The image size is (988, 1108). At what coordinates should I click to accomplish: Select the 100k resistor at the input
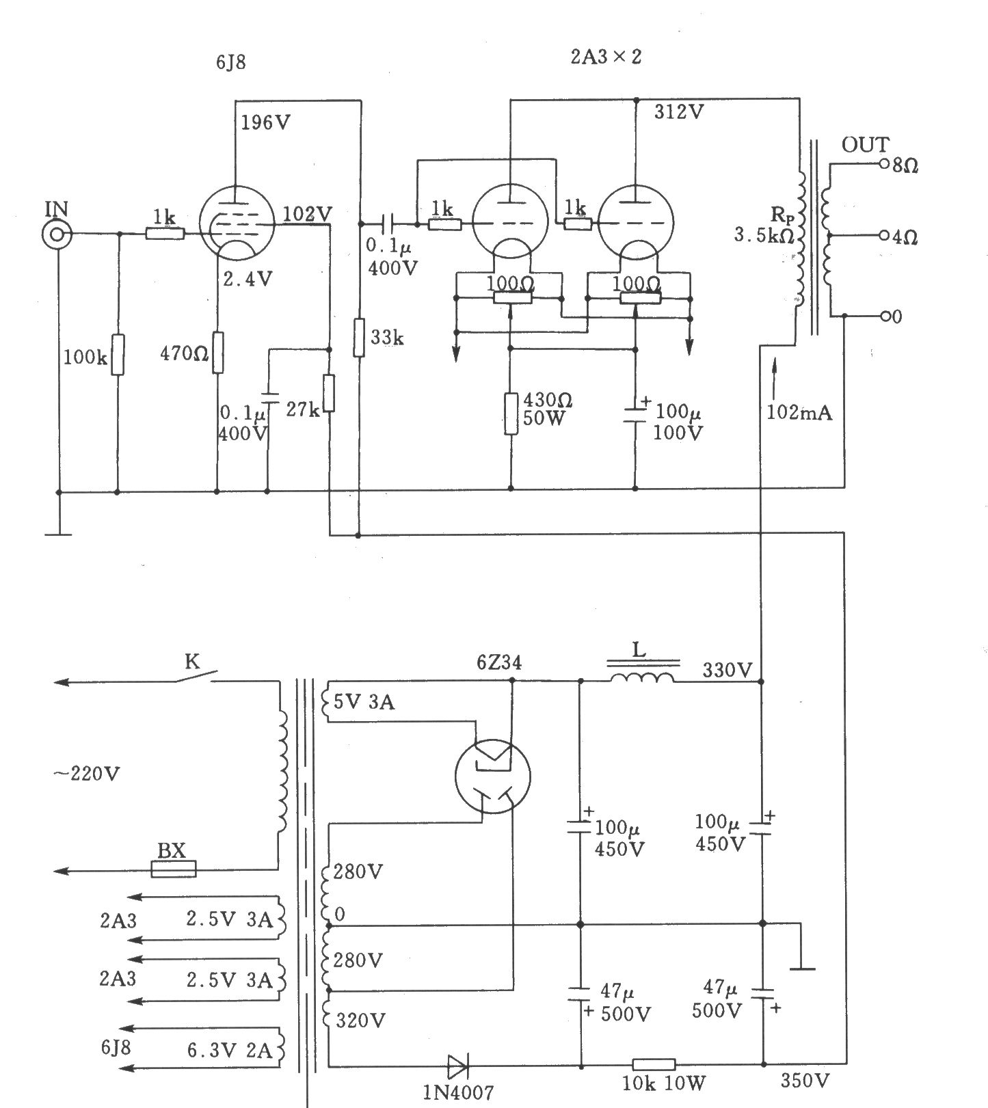click(x=117, y=355)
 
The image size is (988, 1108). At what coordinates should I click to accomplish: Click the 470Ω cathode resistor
click(x=217, y=353)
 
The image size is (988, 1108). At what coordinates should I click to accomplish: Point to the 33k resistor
click(x=359, y=337)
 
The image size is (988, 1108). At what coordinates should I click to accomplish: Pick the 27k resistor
click(x=330, y=393)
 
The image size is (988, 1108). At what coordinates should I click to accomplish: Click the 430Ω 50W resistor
click(x=511, y=414)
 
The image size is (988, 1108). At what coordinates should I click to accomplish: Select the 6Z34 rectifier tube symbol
click(x=493, y=775)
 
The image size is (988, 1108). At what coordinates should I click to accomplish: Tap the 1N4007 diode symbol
click(x=458, y=1066)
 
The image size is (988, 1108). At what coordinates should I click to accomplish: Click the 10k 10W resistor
click(x=654, y=1064)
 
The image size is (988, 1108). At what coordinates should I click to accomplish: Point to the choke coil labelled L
click(x=642, y=677)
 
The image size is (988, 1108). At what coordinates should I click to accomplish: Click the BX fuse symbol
click(x=174, y=869)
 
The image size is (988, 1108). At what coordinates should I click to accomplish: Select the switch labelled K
click(x=195, y=676)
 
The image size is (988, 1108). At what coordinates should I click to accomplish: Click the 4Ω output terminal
click(x=883, y=237)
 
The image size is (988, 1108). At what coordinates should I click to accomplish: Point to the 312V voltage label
click(x=678, y=112)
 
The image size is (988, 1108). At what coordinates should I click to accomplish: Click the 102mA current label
click(x=799, y=413)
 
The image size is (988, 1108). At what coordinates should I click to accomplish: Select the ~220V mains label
click(x=87, y=774)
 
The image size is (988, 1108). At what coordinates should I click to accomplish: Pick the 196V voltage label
click(x=265, y=122)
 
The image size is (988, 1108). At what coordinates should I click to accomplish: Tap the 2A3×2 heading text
click(x=606, y=57)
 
